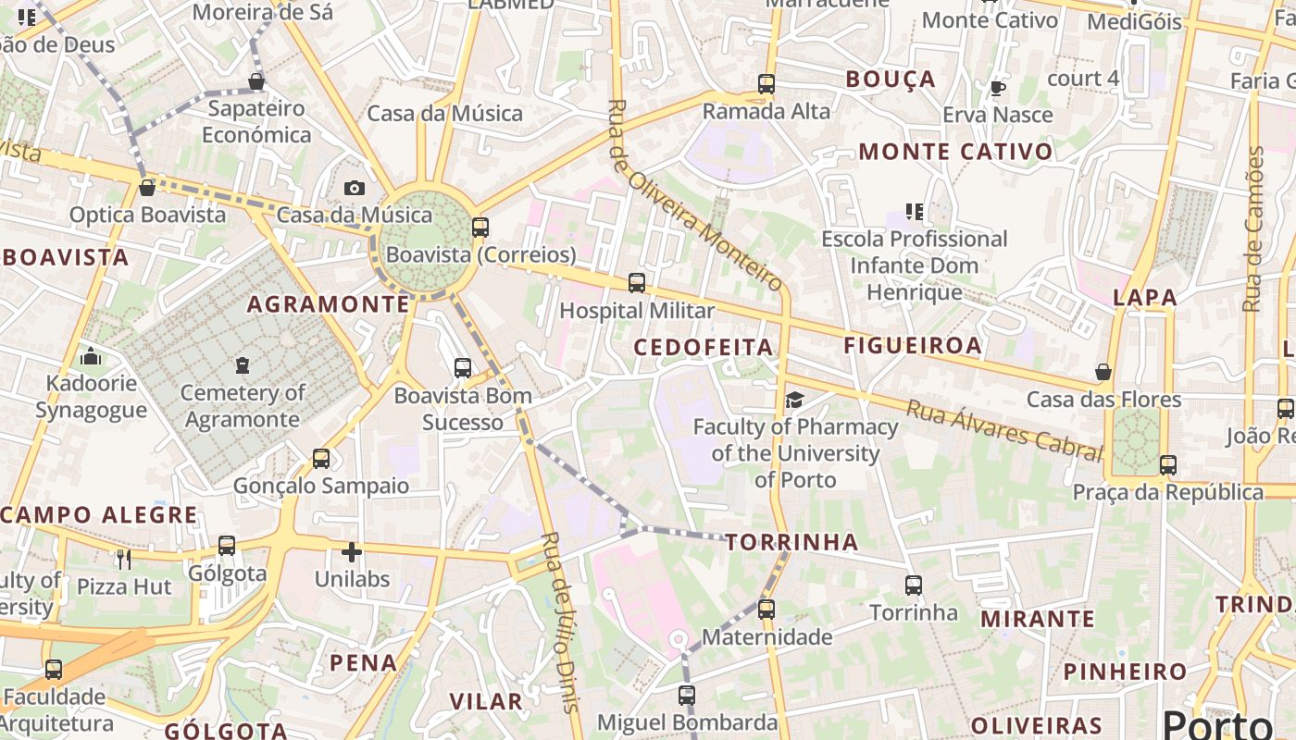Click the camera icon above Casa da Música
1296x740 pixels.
(354, 188)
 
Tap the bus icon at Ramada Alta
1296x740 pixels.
(766, 84)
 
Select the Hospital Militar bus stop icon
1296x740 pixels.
(636, 283)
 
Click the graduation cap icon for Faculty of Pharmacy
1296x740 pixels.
(794, 400)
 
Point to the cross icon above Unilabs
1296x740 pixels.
(352, 552)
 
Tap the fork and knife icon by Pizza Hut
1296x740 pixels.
(123, 559)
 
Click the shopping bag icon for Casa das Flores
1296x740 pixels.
(1103, 372)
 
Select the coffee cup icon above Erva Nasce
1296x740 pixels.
(997, 88)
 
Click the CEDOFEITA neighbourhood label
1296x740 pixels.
(703, 347)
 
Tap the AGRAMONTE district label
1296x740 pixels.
(328, 303)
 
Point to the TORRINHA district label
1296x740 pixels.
(791, 542)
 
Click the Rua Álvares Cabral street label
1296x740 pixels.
(1004, 430)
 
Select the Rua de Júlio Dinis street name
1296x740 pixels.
(562, 622)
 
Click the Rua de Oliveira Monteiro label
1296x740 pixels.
(695, 195)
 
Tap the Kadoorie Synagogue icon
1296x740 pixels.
(91, 356)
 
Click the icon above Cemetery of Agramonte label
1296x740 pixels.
(242, 365)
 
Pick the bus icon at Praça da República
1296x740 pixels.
(1168, 464)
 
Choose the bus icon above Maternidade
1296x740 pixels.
(766, 610)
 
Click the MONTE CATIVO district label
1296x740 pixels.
(955, 152)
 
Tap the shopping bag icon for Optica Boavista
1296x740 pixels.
(146, 188)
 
